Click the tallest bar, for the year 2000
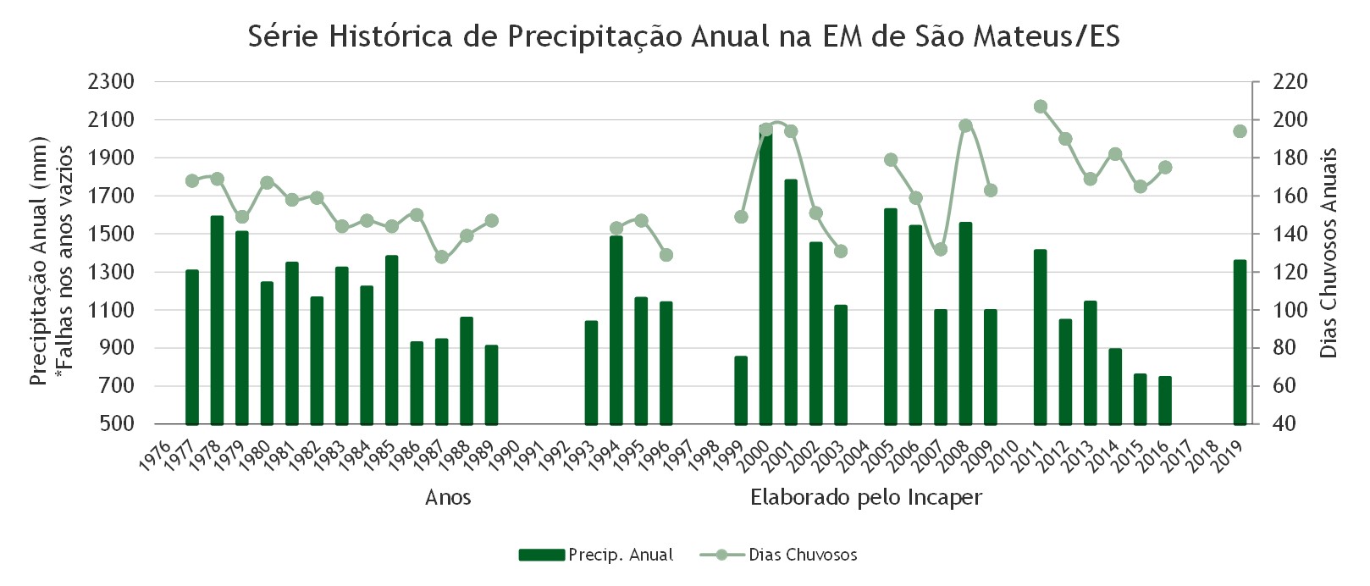[765, 275]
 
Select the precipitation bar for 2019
[1240, 342]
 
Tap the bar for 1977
[192, 347]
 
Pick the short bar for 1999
[741, 390]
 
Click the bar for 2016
[1165, 401]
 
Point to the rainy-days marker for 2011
[1041, 107]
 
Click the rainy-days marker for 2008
[966, 126]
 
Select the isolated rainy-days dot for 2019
[1240, 131]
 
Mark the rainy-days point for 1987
[442, 257]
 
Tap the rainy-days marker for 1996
[666, 254]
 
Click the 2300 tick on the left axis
[111, 81]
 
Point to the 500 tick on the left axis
[119, 423]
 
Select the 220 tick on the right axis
[1290, 81]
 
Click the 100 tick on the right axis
[1290, 310]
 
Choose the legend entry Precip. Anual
[596, 555]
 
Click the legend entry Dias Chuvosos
[779, 555]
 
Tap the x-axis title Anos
[448, 497]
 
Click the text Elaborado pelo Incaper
[866, 497]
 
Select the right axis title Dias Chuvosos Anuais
[1329, 252]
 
